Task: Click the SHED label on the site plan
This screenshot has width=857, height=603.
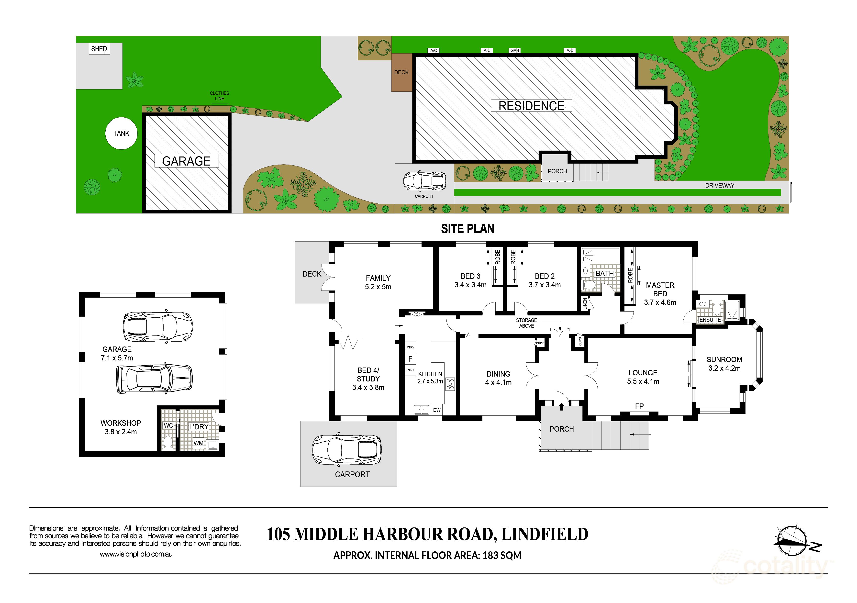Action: (99, 49)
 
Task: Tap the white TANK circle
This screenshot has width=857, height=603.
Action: (121, 133)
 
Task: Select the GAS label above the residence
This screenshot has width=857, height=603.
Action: (514, 50)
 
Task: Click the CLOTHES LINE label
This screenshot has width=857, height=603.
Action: (220, 96)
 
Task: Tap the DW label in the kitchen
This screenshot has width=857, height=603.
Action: (437, 410)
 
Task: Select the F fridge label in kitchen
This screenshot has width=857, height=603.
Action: (410, 359)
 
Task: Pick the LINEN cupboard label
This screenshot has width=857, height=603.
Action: (585, 303)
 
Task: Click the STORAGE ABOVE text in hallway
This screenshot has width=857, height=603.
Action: (526, 323)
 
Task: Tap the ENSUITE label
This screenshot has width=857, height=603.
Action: (710, 320)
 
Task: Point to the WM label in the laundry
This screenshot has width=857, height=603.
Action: (199, 443)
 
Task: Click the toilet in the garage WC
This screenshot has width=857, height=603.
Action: (168, 442)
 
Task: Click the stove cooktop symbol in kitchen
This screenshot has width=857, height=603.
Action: (450, 384)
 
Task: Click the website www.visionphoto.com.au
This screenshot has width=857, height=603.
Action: (136, 554)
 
